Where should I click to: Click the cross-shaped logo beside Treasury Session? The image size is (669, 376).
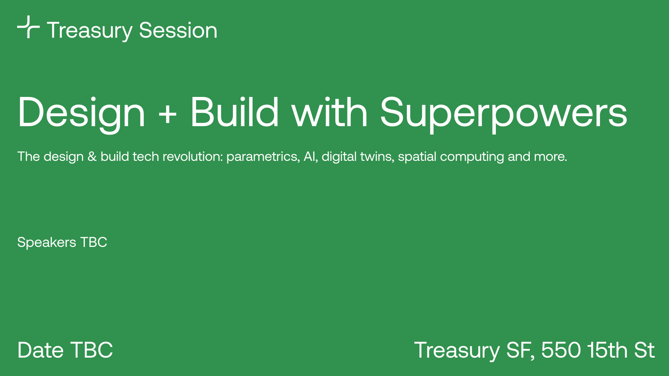(x=28, y=27)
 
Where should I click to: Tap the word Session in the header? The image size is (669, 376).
(x=178, y=30)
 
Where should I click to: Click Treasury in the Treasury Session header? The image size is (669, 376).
(x=89, y=32)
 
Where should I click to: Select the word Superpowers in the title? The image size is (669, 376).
(x=503, y=114)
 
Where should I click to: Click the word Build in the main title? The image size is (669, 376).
(x=235, y=112)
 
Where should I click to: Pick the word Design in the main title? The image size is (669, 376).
(x=81, y=114)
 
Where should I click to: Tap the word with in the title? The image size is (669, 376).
(x=329, y=112)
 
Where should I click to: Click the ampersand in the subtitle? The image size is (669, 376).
(x=92, y=157)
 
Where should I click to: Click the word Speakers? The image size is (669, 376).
(x=46, y=242)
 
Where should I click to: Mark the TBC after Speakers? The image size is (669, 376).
(x=94, y=242)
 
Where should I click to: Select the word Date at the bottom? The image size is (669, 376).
(x=41, y=350)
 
